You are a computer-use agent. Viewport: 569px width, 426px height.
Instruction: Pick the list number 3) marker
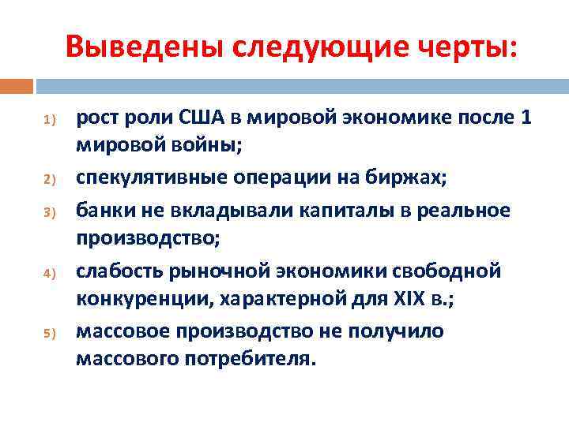(47, 212)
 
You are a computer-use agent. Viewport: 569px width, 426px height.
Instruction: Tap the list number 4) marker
(47, 273)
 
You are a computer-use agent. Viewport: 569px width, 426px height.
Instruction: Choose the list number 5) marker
(47, 334)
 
